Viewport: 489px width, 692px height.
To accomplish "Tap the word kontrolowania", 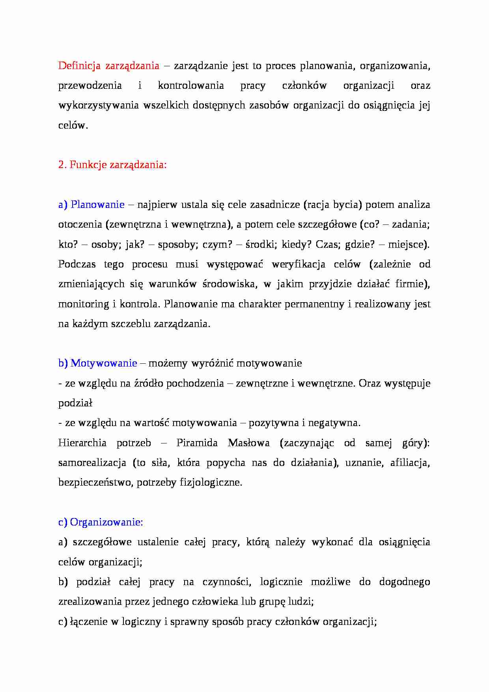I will (191, 86).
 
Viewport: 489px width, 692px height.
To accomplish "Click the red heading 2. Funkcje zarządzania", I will (112, 165).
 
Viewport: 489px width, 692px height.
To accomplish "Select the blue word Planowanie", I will (97, 205).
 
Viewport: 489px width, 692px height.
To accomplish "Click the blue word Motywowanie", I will (104, 363).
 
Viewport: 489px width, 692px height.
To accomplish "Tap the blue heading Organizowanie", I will (106, 522).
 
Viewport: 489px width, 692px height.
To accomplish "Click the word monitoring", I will (84, 304).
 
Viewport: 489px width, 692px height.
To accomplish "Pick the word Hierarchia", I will (82, 443).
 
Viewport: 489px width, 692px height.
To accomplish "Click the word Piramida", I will (197, 443).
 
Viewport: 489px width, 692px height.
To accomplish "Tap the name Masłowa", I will (249, 443).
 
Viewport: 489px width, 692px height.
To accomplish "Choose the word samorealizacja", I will (92, 462).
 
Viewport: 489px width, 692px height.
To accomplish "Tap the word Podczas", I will (77, 264).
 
